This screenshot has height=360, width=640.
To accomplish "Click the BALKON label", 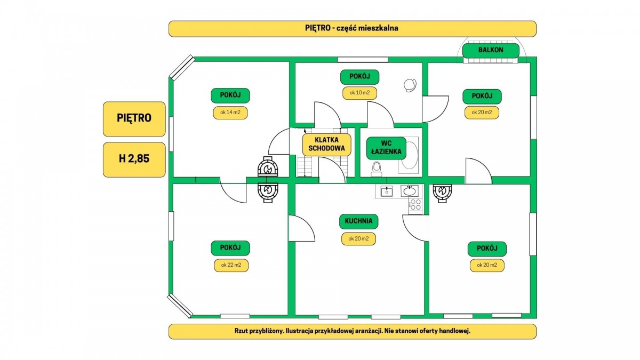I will click(490, 51).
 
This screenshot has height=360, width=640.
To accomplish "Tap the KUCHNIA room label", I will click(358, 221).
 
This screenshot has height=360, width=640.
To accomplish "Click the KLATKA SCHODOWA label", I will click(326, 145).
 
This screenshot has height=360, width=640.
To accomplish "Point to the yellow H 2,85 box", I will click(134, 159).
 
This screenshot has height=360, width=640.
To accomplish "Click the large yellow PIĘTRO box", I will click(134, 118).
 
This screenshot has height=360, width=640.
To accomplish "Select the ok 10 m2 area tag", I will click(359, 92).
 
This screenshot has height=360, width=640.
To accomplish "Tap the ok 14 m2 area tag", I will click(230, 113).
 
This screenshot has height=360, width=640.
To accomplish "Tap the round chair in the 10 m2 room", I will click(410, 85).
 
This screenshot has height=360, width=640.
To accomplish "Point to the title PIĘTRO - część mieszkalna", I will click(353, 28).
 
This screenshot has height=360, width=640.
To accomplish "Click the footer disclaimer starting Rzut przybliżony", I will click(353, 331).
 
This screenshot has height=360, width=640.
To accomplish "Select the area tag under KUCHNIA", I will click(358, 239).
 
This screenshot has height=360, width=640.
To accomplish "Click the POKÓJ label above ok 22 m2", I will click(230, 248).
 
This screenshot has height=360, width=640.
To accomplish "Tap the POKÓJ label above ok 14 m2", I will click(230, 96).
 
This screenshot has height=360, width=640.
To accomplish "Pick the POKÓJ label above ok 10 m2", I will click(359, 77).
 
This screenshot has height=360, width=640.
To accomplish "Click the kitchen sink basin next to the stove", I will click(410, 191).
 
